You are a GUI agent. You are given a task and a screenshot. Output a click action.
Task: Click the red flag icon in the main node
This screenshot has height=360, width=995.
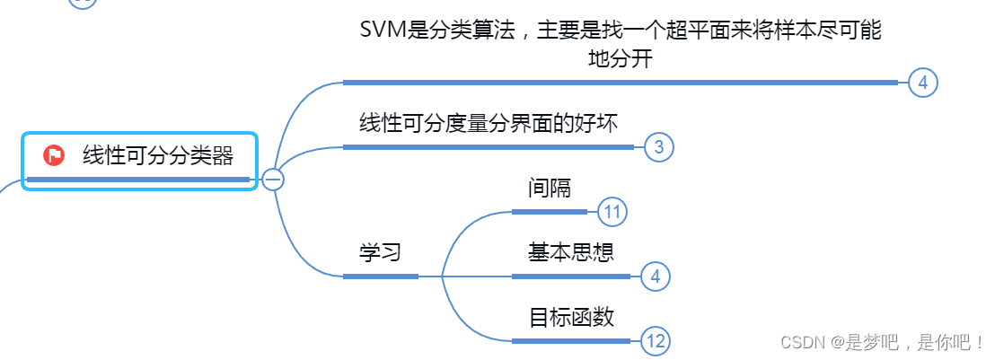coord(54,155)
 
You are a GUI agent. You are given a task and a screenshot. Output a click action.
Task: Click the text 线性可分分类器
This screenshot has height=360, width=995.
coord(158,155)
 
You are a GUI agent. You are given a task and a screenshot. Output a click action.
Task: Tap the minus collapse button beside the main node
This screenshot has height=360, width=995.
coord(273,180)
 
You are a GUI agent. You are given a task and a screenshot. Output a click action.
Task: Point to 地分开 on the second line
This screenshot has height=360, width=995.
coord(620,59)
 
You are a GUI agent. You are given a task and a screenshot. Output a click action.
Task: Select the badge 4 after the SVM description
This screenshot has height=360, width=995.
coord(922,83)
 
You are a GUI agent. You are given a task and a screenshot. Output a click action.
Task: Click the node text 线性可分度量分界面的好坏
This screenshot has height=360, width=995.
coord(489,123)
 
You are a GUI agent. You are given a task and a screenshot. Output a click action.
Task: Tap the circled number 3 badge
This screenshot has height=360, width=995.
coord(659,147)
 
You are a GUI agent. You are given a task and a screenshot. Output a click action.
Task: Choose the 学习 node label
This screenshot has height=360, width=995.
coord(380,252)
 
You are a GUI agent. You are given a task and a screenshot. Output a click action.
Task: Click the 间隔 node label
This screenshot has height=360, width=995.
coord(550,188)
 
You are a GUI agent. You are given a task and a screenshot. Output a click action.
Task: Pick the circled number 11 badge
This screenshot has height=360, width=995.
coord(612,212)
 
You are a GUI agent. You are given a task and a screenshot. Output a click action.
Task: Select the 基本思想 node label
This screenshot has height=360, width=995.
coord(571,252)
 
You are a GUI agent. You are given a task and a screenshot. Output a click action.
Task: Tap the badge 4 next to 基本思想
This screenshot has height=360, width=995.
coord(656,277)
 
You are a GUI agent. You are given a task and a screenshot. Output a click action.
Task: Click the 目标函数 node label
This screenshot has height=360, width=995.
coord(571,317)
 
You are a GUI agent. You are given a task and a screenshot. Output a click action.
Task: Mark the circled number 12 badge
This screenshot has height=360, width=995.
coord(656,341)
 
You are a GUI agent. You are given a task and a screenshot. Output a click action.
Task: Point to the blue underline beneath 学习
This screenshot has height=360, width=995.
coord(380,277)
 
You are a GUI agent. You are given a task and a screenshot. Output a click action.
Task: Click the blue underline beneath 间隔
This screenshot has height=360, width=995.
coord(550,212)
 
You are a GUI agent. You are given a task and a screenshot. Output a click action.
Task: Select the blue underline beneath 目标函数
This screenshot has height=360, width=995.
coord(571,341)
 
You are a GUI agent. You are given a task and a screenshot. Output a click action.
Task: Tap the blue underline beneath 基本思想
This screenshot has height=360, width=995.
coord(571,277)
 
